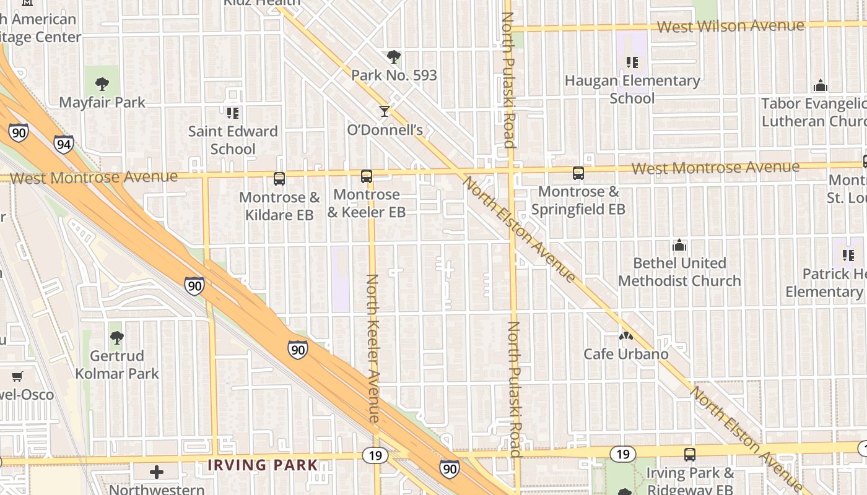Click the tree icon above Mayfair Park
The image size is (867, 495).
(x=102, y=84)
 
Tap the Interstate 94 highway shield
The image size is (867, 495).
(x=64, y=145)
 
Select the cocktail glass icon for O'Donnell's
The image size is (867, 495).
(x=385, y=111)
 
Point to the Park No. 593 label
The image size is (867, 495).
(x=394, y=75)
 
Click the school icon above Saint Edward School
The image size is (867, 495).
(x=233, y=113)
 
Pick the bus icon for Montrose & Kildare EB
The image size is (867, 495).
(x=279, y=179)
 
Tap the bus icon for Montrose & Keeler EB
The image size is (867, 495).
(x=367, y=176)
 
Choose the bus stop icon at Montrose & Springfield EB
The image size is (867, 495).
(x=578, y=173)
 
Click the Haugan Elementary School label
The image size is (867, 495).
(x=632, y=90)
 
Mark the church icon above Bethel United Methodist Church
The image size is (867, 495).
(x=679, y=245)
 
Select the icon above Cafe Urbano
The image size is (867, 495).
(x=625, y=337)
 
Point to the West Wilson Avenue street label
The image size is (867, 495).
(x=731, y=27)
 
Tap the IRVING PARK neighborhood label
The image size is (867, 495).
(x=263, y=465)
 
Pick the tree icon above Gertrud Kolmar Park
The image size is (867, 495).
(x=116, y=338)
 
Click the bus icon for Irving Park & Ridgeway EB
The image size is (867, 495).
(x=690, y=455)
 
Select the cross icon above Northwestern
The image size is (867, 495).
(x=157, y=472)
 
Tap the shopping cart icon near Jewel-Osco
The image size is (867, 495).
(x=17, y=377)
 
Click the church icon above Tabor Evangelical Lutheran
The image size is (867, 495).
(x=821, y=85)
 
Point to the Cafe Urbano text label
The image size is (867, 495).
(x=626, y=354)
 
